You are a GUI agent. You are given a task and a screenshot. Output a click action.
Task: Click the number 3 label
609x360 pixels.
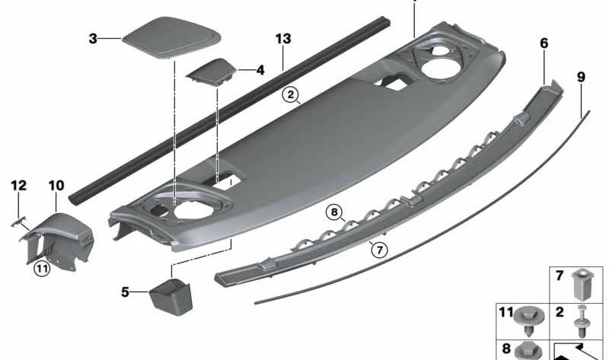(x=93, y=37)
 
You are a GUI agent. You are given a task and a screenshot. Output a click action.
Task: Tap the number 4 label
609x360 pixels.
(x=260, y=70)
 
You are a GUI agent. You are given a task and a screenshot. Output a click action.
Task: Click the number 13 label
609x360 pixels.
(x=283, y=39)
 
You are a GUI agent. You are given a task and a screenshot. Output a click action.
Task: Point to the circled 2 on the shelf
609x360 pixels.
(x=289, y=95)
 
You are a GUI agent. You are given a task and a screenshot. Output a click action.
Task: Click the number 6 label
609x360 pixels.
(x=544, y=44)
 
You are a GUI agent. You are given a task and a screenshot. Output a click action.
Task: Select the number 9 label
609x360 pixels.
(x=582, y=77)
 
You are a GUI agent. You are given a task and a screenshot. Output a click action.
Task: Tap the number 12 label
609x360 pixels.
(x=19, y=185)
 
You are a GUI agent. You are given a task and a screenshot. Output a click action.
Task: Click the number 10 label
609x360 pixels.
(x=56, y=185)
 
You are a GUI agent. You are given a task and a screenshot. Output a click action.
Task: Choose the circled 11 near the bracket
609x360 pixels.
(x=43, y=266)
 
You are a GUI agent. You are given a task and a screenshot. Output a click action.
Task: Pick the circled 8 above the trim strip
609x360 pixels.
(x=332, y=212)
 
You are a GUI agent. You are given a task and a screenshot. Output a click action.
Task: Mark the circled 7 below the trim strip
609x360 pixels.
(x=375, y=247)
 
